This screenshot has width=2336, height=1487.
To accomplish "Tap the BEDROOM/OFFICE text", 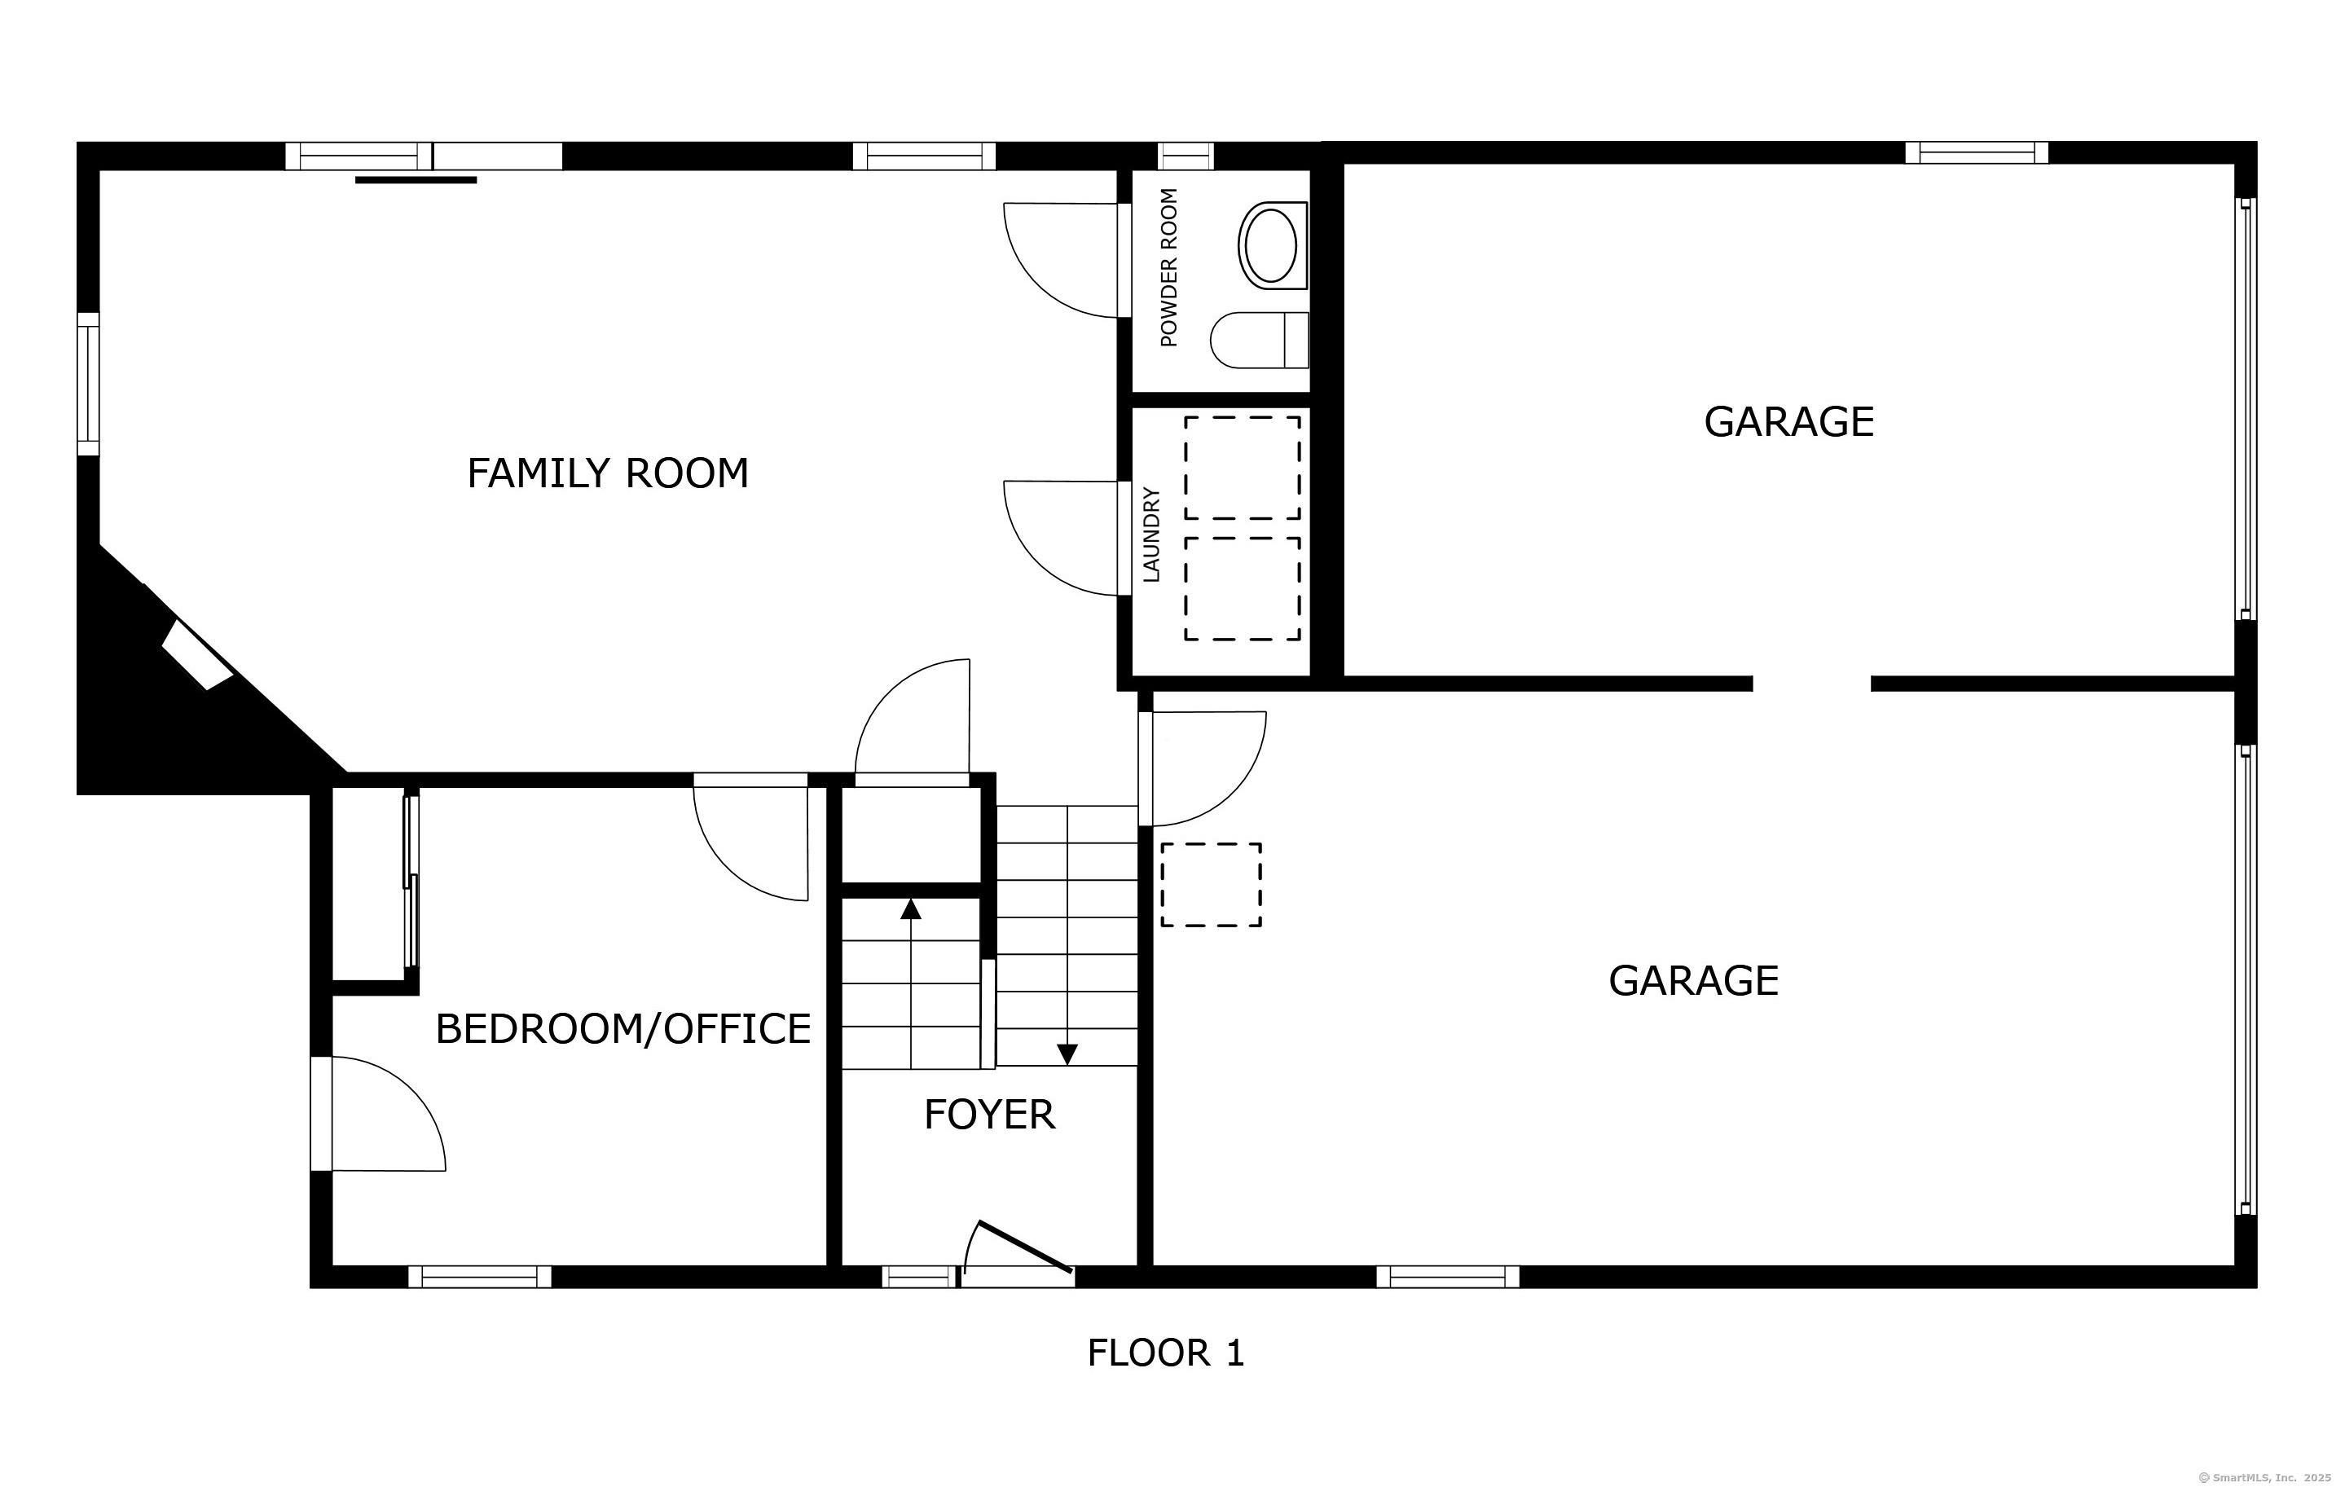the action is point(622,1028).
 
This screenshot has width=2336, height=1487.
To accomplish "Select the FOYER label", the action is point(989,1115).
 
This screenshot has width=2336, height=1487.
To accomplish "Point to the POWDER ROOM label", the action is point(1169,268).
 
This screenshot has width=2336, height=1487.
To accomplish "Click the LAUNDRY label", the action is point(1151,535).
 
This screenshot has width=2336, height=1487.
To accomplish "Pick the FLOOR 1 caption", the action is point(1165,1353).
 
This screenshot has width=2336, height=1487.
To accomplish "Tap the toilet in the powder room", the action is point(1259,341).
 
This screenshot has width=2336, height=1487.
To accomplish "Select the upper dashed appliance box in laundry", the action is point(1243,468).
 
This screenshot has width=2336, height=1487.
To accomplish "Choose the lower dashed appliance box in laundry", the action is point(1243,589).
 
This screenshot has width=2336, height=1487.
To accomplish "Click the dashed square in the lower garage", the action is point(1212,885).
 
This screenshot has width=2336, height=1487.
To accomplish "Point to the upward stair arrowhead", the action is point(910,908).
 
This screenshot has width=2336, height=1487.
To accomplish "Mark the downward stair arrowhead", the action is point(1067,1054).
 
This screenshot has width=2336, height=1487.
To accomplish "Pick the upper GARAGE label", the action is point(1788,422).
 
